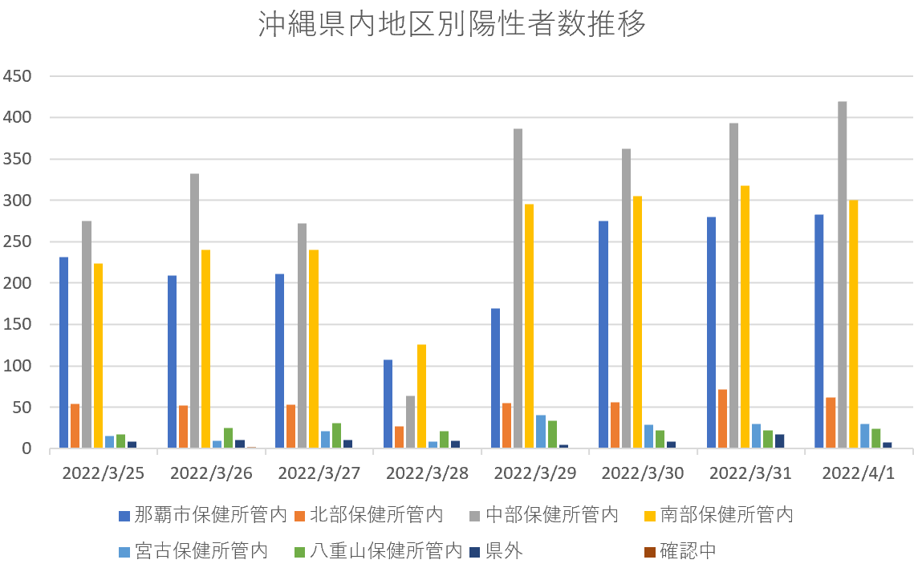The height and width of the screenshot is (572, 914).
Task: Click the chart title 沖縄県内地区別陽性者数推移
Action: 452,25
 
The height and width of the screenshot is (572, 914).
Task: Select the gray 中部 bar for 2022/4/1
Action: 842,274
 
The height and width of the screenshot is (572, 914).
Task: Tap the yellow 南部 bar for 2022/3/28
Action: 421,396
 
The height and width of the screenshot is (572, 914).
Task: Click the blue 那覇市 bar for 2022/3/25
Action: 63,352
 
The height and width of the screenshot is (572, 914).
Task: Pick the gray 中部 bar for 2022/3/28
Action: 410,422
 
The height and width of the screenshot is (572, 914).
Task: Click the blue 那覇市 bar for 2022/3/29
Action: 495,378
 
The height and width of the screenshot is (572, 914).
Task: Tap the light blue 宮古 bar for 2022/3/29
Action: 541,432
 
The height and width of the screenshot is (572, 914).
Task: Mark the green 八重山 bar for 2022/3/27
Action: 336,436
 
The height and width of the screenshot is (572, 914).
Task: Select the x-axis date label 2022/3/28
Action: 427,473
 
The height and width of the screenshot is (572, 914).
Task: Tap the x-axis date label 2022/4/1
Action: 859,473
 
